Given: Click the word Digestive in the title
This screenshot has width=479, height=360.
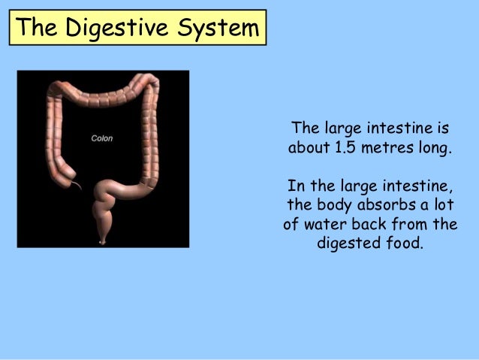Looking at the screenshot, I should click(x=112, y=28).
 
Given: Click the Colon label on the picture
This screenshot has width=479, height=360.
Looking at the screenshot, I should click(x=102, y=139).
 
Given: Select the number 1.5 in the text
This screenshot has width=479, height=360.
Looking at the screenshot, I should click(x=345, y=146).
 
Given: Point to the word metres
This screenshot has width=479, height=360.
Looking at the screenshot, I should click(x=390, y=146).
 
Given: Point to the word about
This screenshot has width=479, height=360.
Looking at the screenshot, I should click(x=308, y=146).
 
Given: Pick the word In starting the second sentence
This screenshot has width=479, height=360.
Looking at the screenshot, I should click(x=295, y=185).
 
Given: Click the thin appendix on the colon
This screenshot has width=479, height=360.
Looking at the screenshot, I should click(x=77, y=183).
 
